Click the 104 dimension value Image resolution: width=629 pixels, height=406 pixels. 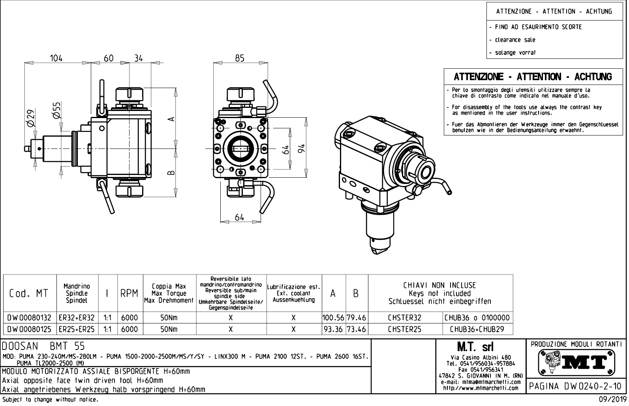click(x=56, y=58)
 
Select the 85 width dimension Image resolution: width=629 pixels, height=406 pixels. click(x=240, y=58)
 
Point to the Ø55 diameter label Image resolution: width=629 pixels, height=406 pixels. click(x=56, y=110)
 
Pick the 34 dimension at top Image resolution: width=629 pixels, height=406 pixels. click(x=138, y=58)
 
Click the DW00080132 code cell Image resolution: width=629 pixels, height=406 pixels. click(x=30, y=318)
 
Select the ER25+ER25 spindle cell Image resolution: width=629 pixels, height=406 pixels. click(x=77, y=329)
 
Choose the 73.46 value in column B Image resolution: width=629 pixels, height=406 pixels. click(x=357, y=329)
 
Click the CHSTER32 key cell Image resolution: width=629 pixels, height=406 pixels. click(x=405, y=318)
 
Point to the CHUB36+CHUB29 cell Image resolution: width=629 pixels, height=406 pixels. click(x=478, y=329)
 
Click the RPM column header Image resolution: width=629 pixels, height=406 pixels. click(x=130, y=293)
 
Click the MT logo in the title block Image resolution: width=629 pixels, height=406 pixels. click(x=576, y=363)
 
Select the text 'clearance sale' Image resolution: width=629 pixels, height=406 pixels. click(x=515, y=40)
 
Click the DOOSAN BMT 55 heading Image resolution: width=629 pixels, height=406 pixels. click(x=44, y=346)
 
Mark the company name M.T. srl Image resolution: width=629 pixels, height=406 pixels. click(x=475, y=347)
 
